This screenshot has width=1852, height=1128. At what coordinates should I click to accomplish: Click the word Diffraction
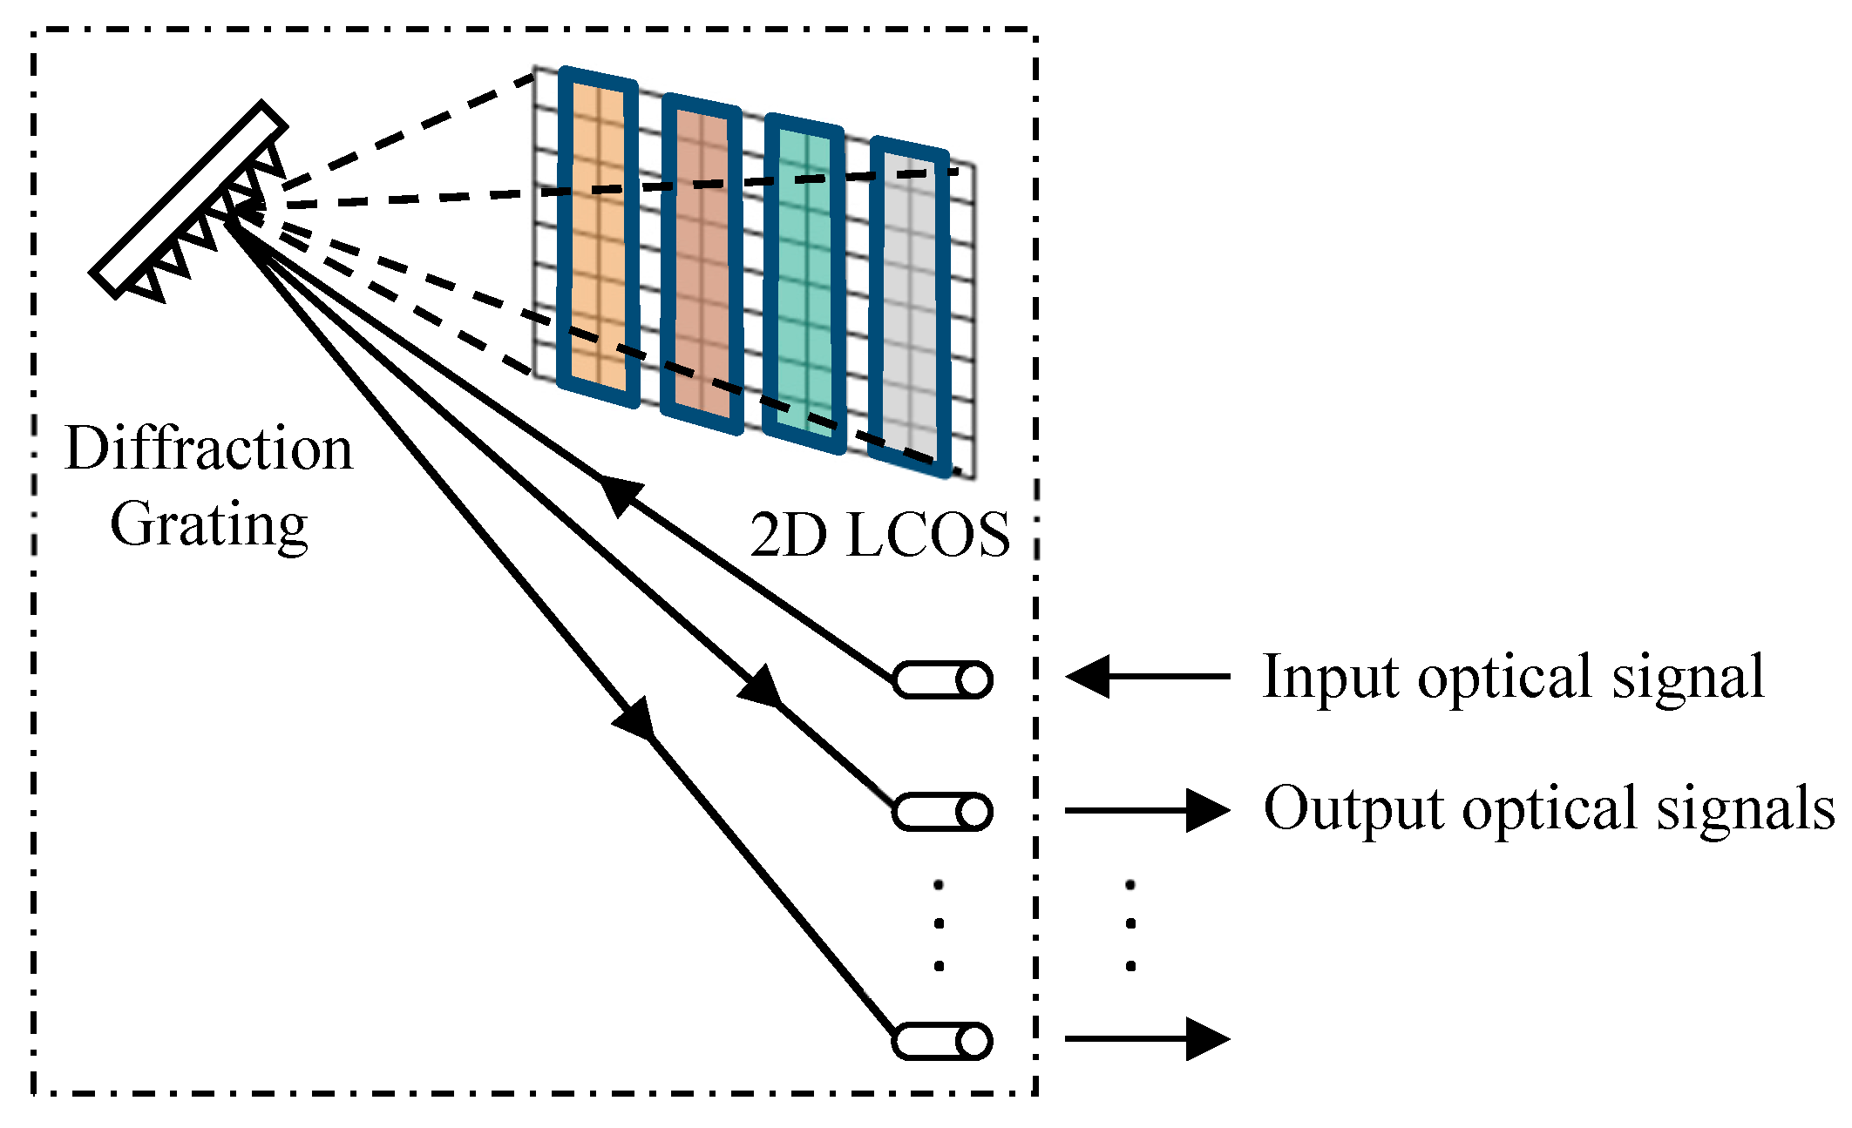208,449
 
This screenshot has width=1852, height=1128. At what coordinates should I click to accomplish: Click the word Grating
208,525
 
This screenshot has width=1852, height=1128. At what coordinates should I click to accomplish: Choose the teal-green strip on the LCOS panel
804,284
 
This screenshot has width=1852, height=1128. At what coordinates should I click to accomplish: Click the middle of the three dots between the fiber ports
940,923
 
